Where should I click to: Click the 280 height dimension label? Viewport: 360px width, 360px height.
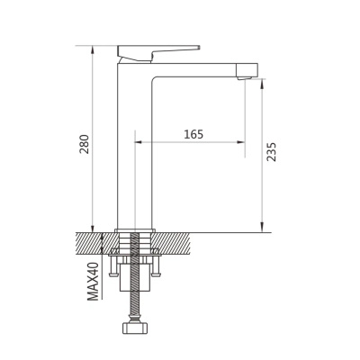85,144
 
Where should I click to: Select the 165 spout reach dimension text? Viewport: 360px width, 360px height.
193,134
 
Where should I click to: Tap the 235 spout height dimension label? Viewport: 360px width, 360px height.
272,152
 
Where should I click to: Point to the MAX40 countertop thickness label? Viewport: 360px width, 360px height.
93,281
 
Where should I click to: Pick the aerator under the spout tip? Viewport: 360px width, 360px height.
244,78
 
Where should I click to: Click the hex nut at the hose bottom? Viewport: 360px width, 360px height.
134,328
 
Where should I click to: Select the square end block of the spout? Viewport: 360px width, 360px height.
247,70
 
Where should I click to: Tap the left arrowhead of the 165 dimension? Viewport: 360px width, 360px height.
139,142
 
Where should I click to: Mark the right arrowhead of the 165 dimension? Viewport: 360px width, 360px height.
241,142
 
